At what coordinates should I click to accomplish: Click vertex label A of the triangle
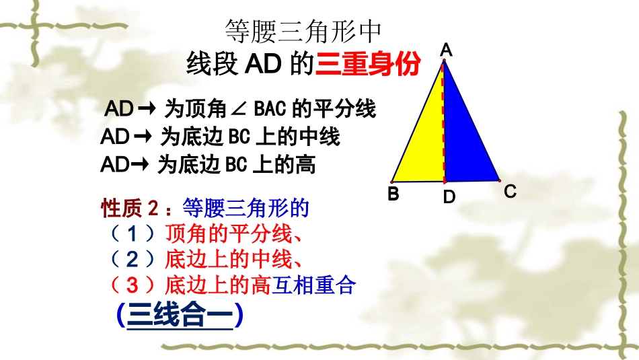click(446, 49)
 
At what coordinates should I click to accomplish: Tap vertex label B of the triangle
click(393, 194)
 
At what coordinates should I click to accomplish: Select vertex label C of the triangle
click(510, 192)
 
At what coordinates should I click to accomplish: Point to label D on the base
click(449, 197)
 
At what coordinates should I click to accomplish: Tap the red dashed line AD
click(443, 121)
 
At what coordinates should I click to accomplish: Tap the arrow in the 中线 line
click(142, 137)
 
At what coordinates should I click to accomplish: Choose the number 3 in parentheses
click(133, 285)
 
